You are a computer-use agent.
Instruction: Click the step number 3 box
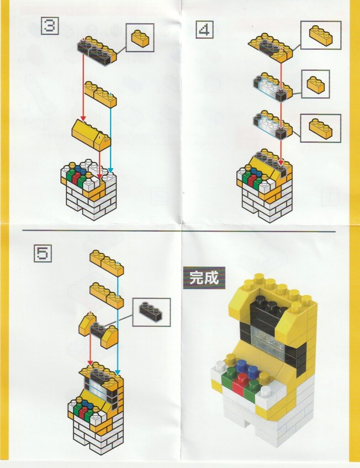coord(49,26)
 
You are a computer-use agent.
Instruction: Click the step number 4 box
coord(205,30)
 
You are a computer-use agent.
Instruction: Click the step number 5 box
coord(42,253)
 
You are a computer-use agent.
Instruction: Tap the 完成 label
coord(204,278)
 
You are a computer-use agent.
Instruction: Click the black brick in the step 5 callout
coord(151,311)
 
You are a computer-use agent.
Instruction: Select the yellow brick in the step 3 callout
coord(140,39)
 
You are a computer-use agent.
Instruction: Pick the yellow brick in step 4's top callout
coord(321,35)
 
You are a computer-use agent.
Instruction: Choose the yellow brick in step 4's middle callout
coord(316,84)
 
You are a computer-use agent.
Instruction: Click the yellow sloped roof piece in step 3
coord(91,134)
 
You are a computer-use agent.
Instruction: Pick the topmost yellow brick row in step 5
coord(107,263)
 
